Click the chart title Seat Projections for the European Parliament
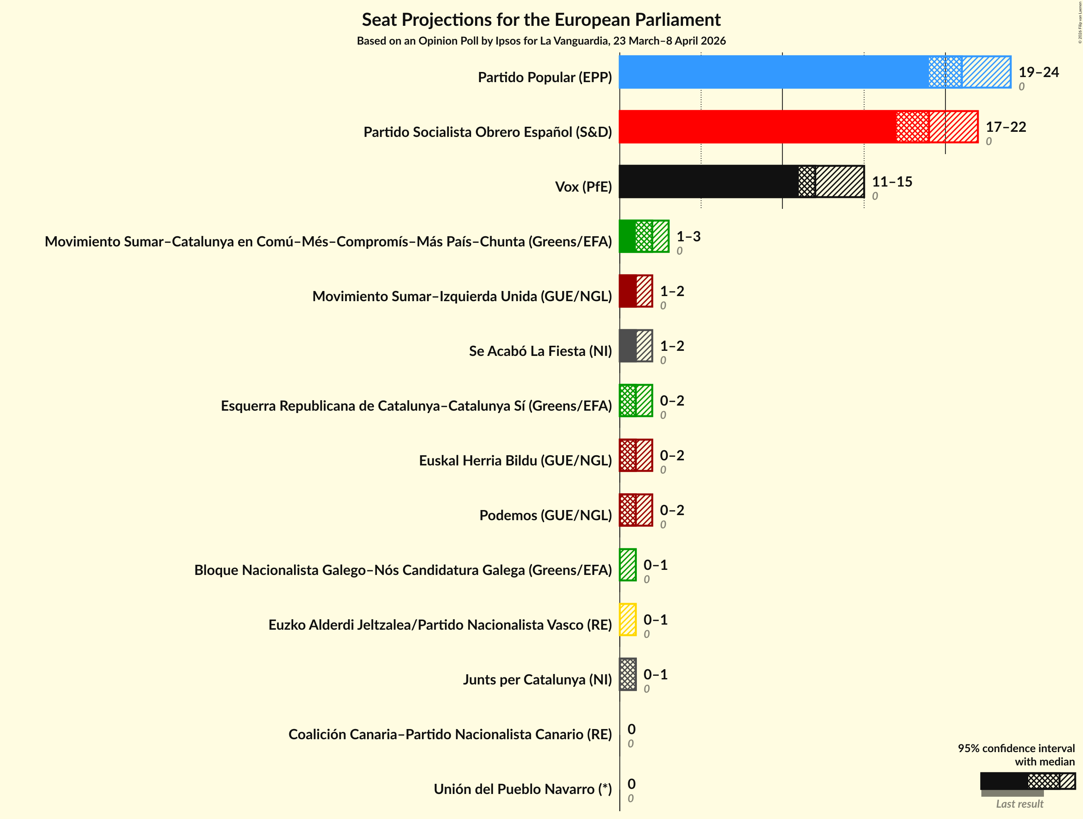pyautogui.click(x=541, y=20)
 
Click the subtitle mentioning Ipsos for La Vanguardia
pyautogui.click(x=541, y=41)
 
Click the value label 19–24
pyautogui.click(x=1038, y=72)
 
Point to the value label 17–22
pyautogui.click(x=1006, y=127)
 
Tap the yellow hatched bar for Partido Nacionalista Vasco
pyautogui.click(x=628, y=620)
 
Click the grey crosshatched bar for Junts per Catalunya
pyautogui.click(x=628, y=675)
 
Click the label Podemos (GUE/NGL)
pyautogui.click(x=545, y=515)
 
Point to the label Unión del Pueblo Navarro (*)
pyautogui.click(x=522, y=789)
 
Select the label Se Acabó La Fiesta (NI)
pyautogui.click(x=540, y=351)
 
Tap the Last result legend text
pyautogui.click(x=1019, y=804)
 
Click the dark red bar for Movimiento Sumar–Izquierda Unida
pyautogui.click(x=628, y=291)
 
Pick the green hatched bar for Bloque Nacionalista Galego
pyautogui.click(x=628, y=565)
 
